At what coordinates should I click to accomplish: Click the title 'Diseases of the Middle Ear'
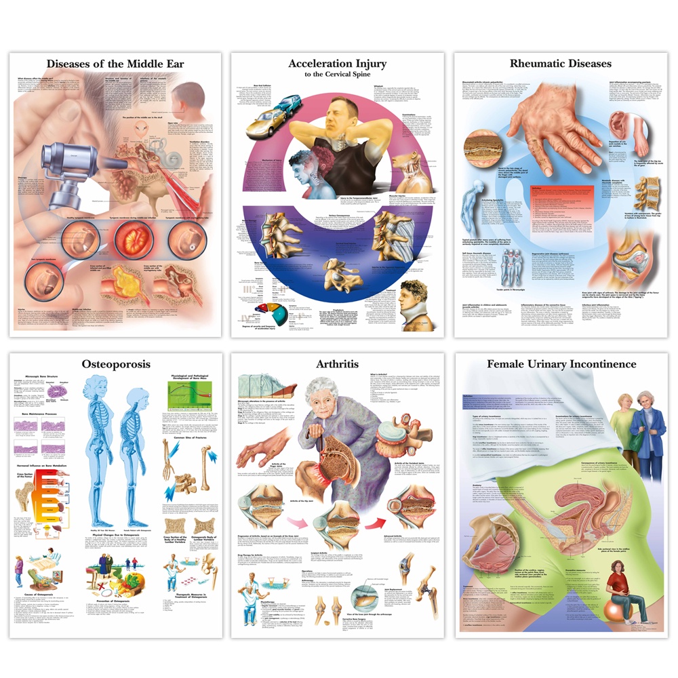(x=115, y=64)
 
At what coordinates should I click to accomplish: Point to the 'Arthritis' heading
(x=337, y=364)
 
